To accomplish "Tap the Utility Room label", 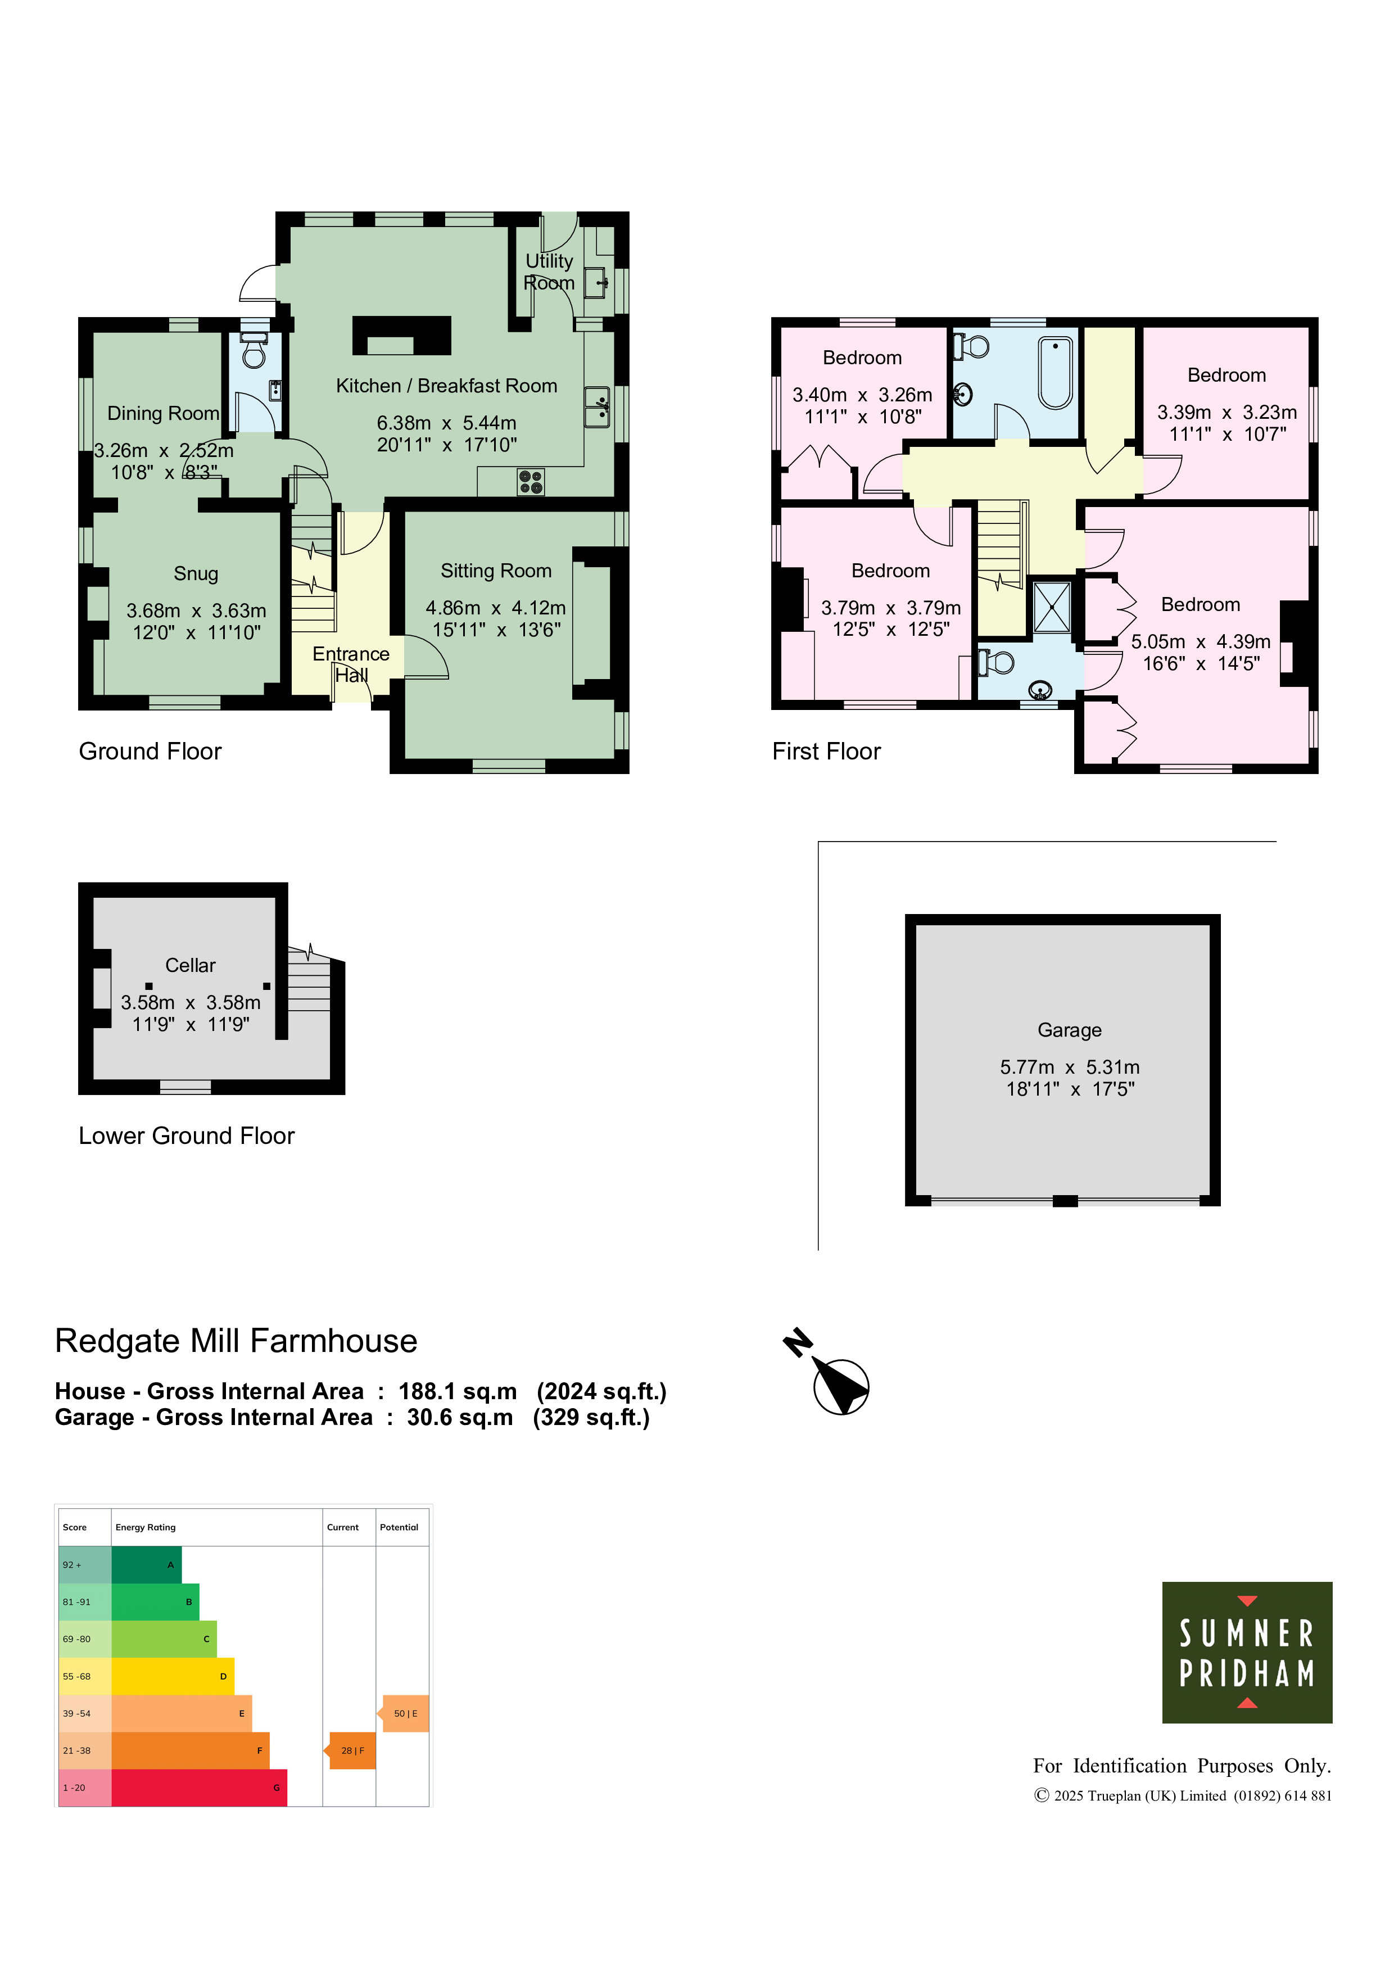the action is coord(549,272).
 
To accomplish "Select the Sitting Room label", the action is coord(496,571).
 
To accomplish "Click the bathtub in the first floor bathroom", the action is coord(1056,373).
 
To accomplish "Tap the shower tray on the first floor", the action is coord(1051,607).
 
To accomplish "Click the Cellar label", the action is coord(190,965).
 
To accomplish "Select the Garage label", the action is coord(1069,1030).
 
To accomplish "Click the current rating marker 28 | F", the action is coord(352,1751).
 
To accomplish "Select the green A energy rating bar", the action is coord(146,1565).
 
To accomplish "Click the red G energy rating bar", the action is coord(200,1788).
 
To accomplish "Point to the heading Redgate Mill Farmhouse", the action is coord(236,1341).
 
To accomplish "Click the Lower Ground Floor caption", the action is coord(187,1136).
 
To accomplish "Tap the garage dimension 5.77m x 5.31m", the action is coord(1069,1067).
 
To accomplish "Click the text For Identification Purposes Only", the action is coord(1182,1766).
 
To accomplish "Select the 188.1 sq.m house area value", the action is coord(458,1391).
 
